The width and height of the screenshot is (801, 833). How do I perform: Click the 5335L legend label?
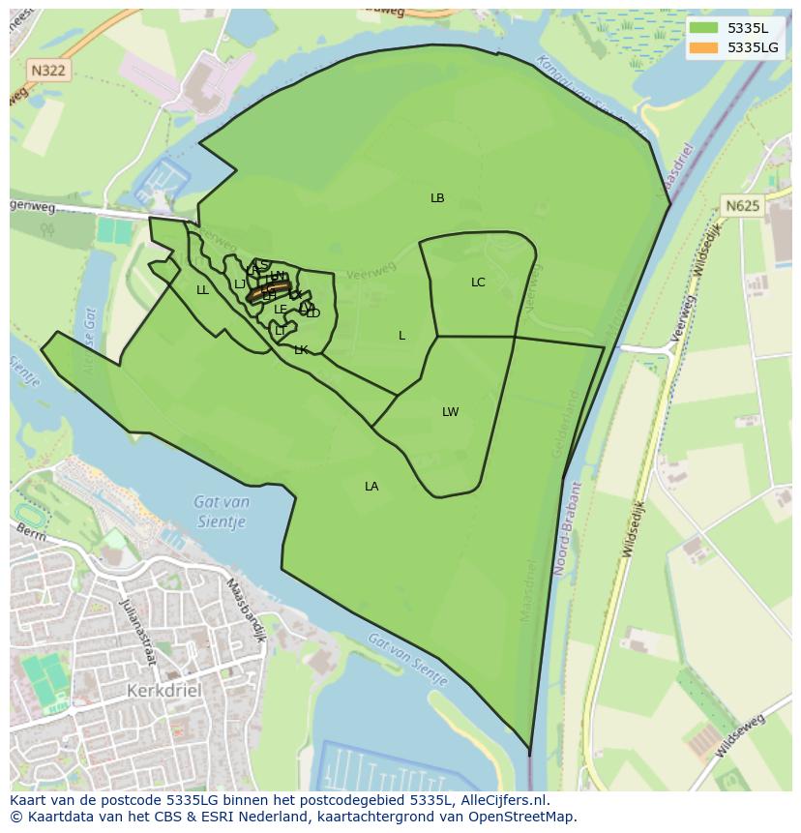(748, 29)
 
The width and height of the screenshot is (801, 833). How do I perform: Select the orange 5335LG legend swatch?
(705, 47)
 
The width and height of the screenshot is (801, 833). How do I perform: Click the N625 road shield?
(742, 206)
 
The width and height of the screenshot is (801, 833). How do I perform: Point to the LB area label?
(437, 198)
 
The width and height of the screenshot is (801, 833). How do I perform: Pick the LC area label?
(478, 283)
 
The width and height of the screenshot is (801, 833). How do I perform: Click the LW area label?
(450, 412)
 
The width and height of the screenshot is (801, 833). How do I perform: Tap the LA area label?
(371, 487)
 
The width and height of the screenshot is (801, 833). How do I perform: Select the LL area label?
(202, 290)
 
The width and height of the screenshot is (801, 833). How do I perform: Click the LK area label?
(301, 350)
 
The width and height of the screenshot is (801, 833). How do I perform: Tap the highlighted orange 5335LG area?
(268, 291)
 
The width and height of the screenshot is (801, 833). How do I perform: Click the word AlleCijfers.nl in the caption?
(503, 800)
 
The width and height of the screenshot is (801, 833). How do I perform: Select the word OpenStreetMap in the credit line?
(522, 817)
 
